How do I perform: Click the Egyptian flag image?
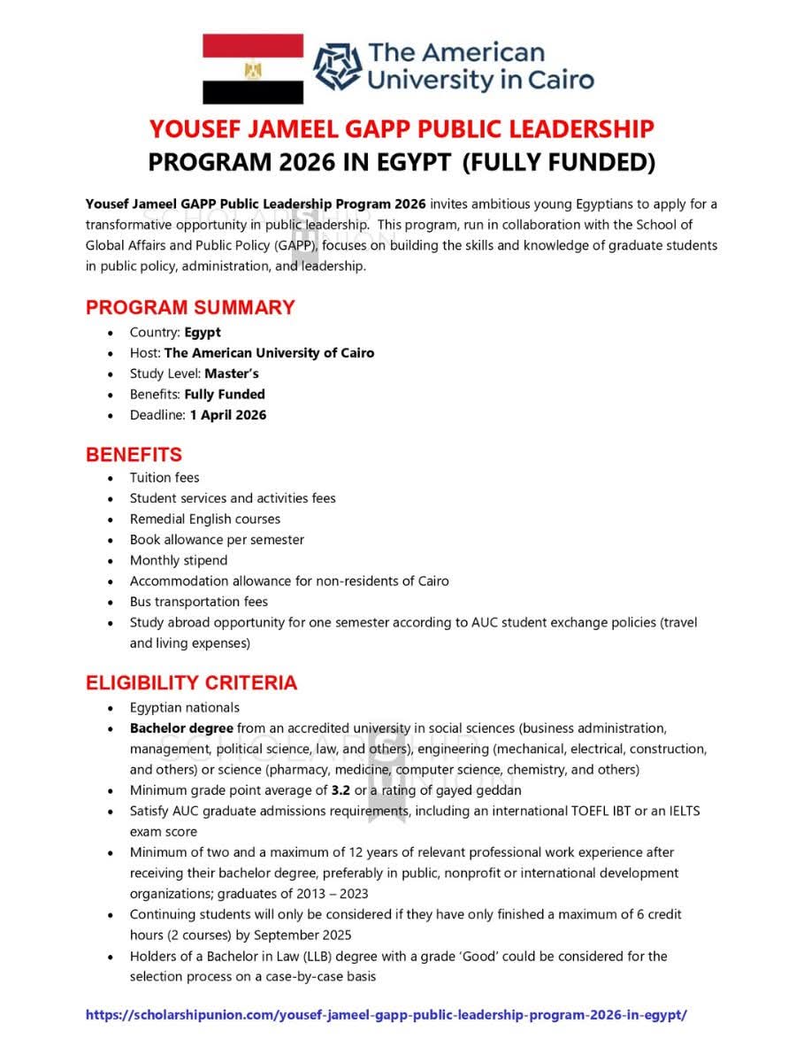(253, 69)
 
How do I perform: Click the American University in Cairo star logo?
(338, 68)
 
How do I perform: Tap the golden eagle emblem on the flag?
(253, 69)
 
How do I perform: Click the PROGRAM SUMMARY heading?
(190, 308)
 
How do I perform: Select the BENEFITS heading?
(134, 455)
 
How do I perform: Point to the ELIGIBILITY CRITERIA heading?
(191, 683)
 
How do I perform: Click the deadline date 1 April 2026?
(227, 415)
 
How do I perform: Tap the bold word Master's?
(232, 373)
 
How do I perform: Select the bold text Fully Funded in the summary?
(225, 395)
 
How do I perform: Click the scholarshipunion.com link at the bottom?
(386, 1015)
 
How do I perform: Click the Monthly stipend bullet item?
(179, 560)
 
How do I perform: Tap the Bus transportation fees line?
(199, 602)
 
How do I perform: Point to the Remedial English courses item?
(205, 519)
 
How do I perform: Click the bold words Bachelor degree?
(181, 728)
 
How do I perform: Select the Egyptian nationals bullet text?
(185, 707)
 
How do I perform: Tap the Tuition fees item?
(165, 478)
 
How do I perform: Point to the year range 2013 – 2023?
(325, 894)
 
